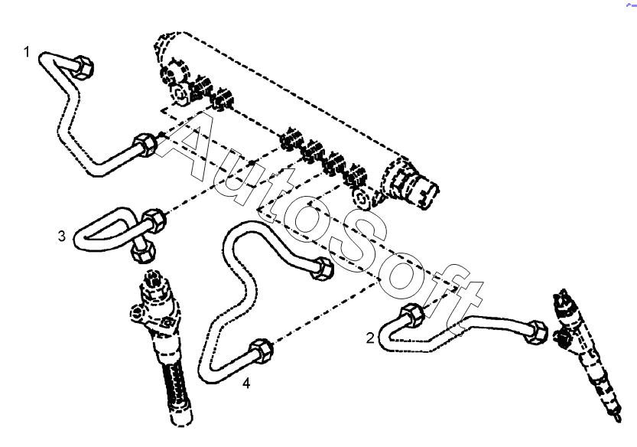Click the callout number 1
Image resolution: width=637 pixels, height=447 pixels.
[27, 52]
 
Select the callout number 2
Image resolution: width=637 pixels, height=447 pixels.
[369, 338]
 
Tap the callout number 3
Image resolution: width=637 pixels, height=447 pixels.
[61, 236]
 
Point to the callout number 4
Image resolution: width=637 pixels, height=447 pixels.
[246, 383]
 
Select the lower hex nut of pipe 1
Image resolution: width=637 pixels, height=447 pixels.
[145, 145]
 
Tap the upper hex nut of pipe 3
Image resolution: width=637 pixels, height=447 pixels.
[154, 220]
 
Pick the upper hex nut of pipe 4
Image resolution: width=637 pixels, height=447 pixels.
[323, 268]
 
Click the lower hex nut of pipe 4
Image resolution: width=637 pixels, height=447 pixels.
[261, 351]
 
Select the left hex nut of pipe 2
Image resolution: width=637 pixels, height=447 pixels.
[412, 315]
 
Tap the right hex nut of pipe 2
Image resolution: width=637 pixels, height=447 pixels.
[536, 332]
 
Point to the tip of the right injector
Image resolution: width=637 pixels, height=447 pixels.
[619, 418]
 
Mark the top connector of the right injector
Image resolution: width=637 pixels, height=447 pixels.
[564, 300]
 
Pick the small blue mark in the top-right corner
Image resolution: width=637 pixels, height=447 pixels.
[632, 5]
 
